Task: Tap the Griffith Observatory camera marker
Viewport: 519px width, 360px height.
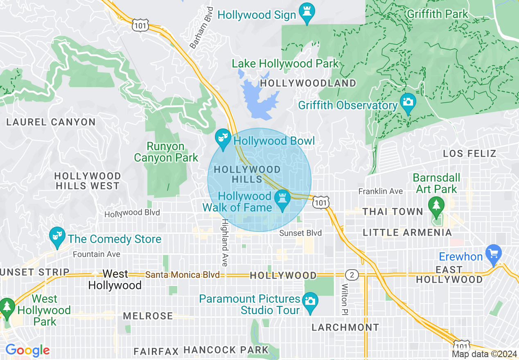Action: [x=408, y=101]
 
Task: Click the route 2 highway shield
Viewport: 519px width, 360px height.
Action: [x=352, y=274]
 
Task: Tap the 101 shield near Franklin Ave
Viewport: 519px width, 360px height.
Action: [x=320, y=202]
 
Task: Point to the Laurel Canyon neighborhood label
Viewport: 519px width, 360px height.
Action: [x=51, y=122]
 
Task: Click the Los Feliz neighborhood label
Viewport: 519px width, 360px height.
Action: [x=470, y=154]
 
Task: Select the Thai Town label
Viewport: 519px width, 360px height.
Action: [x=393, y=211]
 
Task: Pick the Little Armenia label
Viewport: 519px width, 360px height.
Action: [x=407, y=232]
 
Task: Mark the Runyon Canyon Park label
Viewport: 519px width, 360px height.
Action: [x=166, y=152]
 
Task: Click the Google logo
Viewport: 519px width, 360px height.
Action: [x=27, y=351]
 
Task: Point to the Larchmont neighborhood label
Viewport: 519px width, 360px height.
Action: [x=345, y=327]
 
